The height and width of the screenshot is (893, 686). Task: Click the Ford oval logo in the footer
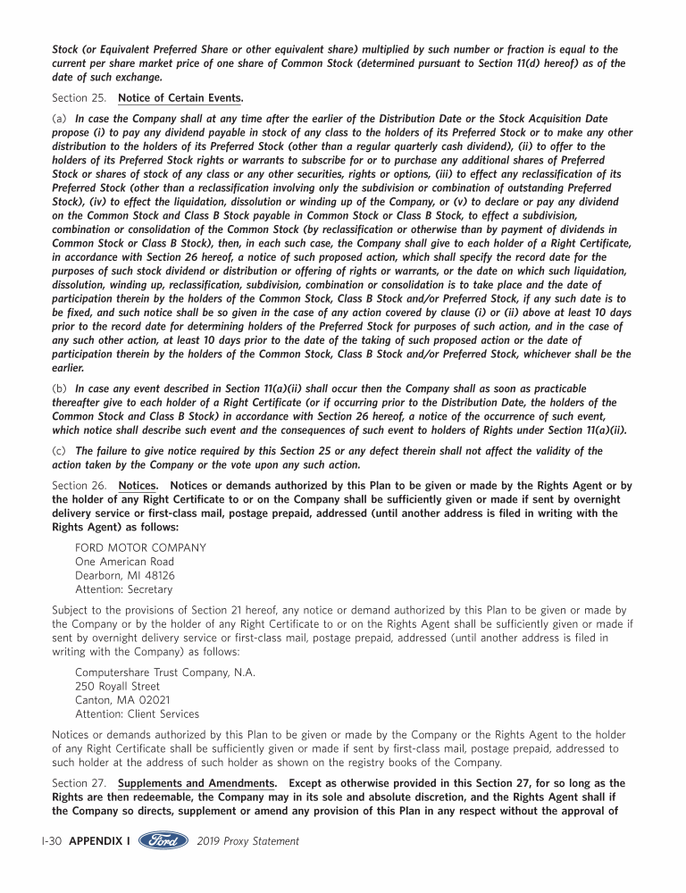point(163,841)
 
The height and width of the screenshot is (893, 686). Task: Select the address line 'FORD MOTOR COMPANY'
point(140,547)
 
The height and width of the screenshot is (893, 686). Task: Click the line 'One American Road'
point(124,562)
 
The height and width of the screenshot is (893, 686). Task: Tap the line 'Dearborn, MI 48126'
point(125,576)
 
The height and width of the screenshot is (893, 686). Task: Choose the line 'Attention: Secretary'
point(124,590)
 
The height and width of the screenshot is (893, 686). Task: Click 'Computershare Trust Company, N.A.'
point(165,672)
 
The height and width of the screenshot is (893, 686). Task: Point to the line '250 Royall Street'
point(118,686)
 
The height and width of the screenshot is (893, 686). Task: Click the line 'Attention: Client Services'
point(138,714)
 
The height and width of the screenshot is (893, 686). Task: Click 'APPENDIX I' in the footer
point(100,841)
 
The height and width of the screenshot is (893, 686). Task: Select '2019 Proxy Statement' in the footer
point(247,841)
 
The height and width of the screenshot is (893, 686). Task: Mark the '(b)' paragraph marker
point(60,388)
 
